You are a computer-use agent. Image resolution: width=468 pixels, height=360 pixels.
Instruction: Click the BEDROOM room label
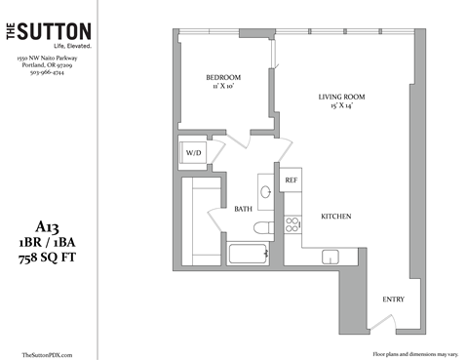point(222,77)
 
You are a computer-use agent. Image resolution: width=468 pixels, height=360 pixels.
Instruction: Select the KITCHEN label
point(335,216)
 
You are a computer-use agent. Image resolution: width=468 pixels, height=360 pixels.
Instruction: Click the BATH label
point(243,209)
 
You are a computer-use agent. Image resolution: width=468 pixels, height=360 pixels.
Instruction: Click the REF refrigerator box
point(291,181)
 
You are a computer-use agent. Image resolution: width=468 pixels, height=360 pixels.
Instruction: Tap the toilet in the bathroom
point(259,228)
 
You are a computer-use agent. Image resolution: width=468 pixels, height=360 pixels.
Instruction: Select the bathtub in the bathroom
point(247,256)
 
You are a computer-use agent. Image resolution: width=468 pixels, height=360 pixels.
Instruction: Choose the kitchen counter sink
point(330,256)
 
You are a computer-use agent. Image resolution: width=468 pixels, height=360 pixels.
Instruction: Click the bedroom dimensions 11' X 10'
point(222,88)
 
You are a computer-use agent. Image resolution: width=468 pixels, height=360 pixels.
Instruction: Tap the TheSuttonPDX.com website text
point(47,355)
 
